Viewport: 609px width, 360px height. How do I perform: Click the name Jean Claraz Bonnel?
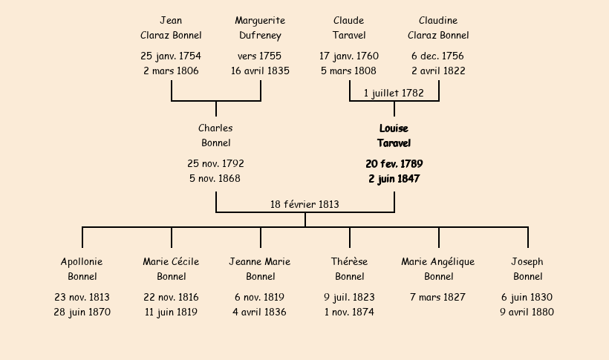pos(171,27)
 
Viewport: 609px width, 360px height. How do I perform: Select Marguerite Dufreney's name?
pos(260,27)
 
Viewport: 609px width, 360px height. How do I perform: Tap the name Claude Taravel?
pos(349,27)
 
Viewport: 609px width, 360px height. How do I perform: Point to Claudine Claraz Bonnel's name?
pos(438,27)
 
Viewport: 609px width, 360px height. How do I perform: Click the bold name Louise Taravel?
pos(394,136)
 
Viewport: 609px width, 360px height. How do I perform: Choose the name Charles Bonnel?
pos(215,136)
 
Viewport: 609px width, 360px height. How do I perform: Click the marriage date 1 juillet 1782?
pos(394,94)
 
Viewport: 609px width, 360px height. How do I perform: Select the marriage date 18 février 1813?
pos(304,204)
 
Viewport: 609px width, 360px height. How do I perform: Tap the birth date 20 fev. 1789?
pos(394,163)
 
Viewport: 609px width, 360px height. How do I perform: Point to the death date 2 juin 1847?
pos(394,178)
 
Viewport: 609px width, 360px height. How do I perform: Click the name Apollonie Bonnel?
pos(82,269)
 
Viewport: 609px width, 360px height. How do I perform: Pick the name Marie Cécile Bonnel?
pos(171,269)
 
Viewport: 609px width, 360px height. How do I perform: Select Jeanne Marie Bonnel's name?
pos(260,269)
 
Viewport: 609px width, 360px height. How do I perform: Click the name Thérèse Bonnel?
pos(349,269)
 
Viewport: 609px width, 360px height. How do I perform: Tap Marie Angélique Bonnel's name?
pos(438,269)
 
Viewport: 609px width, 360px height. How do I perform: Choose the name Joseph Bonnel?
pos(527,269)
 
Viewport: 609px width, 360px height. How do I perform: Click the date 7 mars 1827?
pos(438,297)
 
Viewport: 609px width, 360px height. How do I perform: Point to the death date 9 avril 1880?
pos(527,312)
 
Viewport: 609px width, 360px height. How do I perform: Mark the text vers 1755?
pos(260,56)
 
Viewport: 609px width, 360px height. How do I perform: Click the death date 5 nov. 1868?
pos(215,178)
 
